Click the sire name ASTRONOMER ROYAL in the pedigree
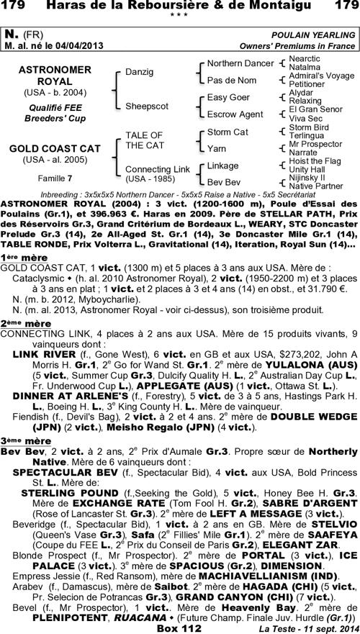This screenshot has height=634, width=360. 54,77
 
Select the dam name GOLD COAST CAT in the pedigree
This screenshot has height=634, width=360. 54,148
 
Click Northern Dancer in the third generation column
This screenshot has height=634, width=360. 240,63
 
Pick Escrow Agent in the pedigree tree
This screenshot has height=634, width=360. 235,114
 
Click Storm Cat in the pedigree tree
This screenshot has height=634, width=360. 228,132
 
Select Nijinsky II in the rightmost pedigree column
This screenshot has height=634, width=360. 306,177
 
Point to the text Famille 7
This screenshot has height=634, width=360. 54,176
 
